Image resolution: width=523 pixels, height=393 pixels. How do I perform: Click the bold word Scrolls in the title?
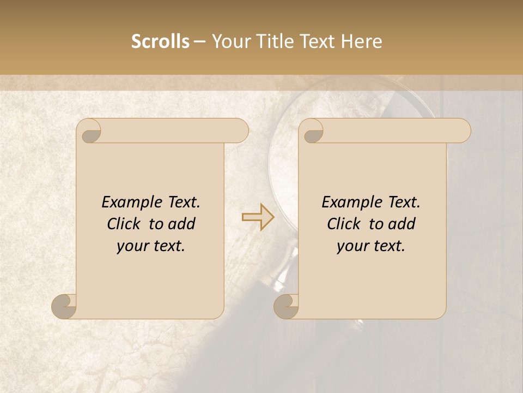[x=160, y=41]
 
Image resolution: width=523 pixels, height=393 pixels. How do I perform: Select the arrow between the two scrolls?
[x=258, y=217]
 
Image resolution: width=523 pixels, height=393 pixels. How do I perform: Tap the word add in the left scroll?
[x=183, y=224]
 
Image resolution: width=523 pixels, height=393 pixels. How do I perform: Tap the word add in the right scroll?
[x=403, y=224]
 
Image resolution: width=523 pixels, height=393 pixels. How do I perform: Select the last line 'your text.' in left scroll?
[x=151, y=246]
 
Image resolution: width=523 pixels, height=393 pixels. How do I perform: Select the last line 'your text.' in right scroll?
[x=371, y=246]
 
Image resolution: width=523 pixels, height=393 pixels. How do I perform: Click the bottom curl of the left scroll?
[x=64, y=306]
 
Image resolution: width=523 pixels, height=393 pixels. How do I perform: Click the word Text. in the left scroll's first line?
[x=181, y=203]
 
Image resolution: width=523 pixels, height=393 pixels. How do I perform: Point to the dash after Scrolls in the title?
[x=199, y=41]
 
